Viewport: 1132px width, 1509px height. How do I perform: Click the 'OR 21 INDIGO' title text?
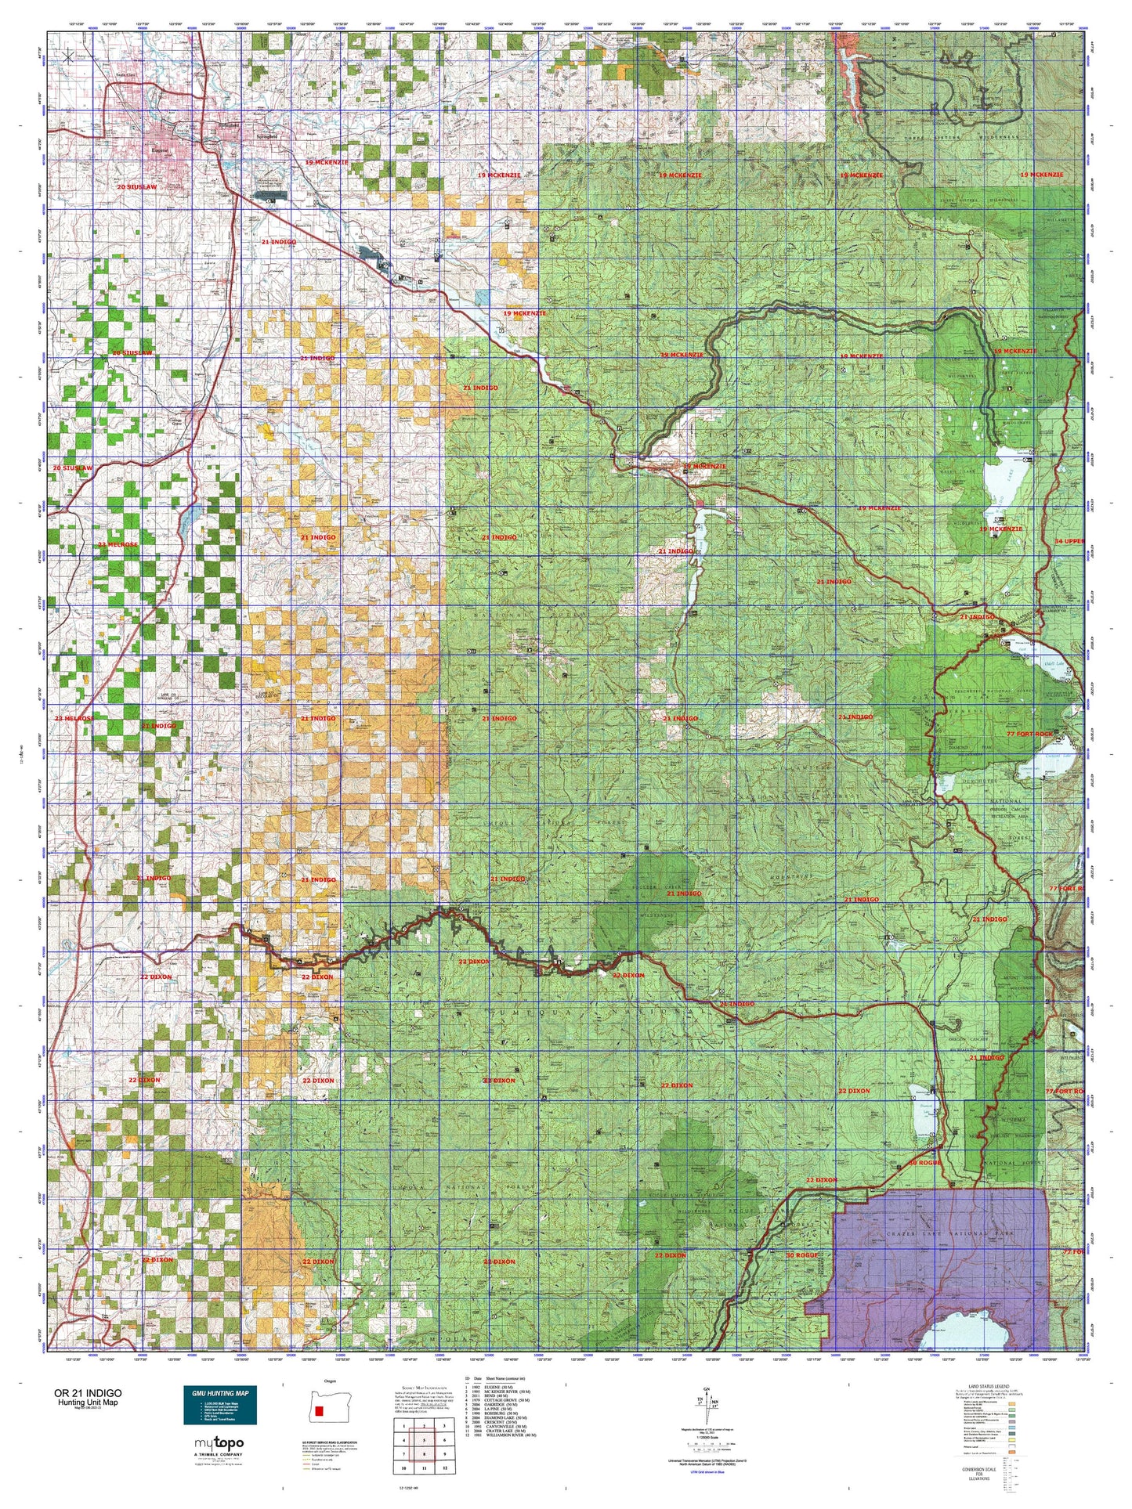87,1393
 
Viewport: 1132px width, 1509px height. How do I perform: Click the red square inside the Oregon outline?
319,1411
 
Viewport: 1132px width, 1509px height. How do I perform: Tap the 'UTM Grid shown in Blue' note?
709,1471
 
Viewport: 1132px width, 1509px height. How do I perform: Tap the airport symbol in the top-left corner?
68,56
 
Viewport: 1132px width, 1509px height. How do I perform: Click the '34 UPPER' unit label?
1069,541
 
